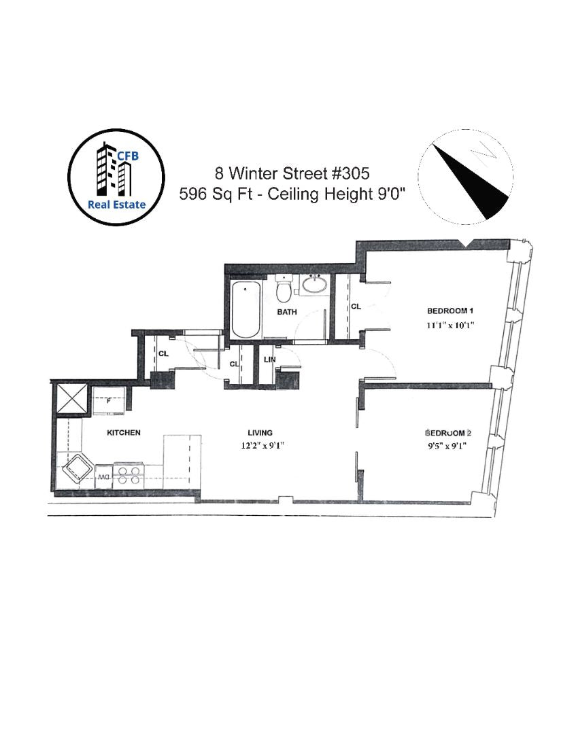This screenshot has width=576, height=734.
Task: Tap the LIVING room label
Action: pyautogui.click(x=260, y=433)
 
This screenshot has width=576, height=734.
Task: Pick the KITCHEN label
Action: pyautogui.click(x=123, y=433)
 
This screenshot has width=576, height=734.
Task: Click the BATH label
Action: pyautogui.click(x=285, y=312)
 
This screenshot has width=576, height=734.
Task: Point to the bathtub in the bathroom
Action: pyautogui.click(x=245, y=310)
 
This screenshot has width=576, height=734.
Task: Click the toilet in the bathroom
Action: pyautogui.click(x=284, y=290)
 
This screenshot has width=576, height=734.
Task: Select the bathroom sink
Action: pyautogui.click(x=314, y=285)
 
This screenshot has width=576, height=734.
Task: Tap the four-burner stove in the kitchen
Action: pyautogui.click(x=128, y=474)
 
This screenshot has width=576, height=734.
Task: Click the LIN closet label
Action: pyautogui.click(x=268, y=360)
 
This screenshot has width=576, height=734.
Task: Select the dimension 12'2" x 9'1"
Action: pyautogui.click(x=260, y=447)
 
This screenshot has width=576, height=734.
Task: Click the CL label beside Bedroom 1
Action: pyautogui.click(x=355, y=307)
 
